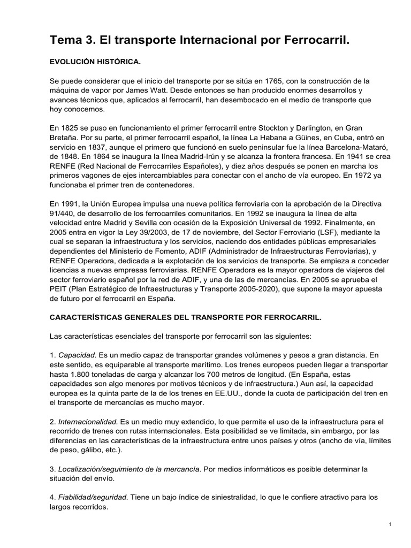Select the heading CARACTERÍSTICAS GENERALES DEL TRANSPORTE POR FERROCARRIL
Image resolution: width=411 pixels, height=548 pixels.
pos(186,317)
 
